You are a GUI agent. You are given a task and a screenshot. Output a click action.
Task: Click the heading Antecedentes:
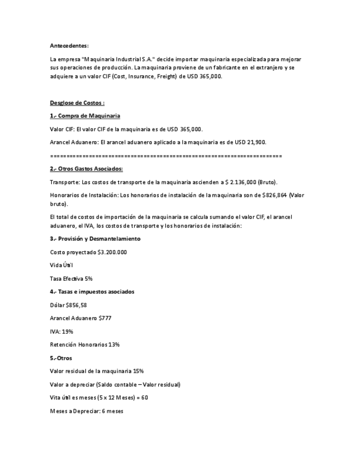69,45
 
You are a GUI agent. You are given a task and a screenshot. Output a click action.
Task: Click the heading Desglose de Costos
77,102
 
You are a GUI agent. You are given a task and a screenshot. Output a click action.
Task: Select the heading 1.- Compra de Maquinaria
85,116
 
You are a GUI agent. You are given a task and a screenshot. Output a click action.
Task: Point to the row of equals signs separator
165,156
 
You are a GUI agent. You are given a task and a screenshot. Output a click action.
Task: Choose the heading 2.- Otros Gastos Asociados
86,169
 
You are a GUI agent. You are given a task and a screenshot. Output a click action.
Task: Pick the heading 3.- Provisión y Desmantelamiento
95,238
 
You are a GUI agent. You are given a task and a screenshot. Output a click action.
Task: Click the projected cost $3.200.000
112,252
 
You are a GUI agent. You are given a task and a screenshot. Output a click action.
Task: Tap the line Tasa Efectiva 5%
71,279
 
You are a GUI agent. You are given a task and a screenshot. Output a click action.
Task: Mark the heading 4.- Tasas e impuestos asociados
92,292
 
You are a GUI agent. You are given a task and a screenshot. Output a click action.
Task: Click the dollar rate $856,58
76,305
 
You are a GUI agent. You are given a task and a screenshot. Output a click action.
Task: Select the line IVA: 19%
62,331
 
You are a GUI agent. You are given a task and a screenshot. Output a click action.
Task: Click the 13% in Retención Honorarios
114,345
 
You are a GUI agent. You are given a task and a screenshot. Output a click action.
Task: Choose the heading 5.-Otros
61,358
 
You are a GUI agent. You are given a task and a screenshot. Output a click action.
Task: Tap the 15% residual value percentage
139,371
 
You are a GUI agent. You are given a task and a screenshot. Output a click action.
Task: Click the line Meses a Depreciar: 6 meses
86,410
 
